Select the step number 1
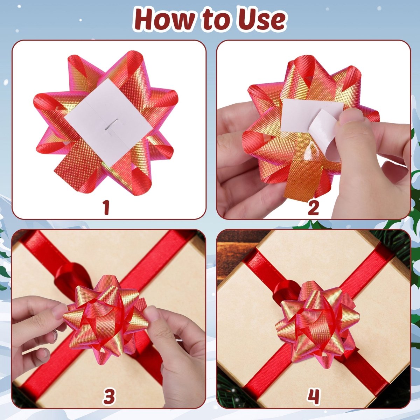[x=106, y=208]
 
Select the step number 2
[x=313, y=208]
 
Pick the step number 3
[x=109, y=397]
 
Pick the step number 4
[x=314, y=397]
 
